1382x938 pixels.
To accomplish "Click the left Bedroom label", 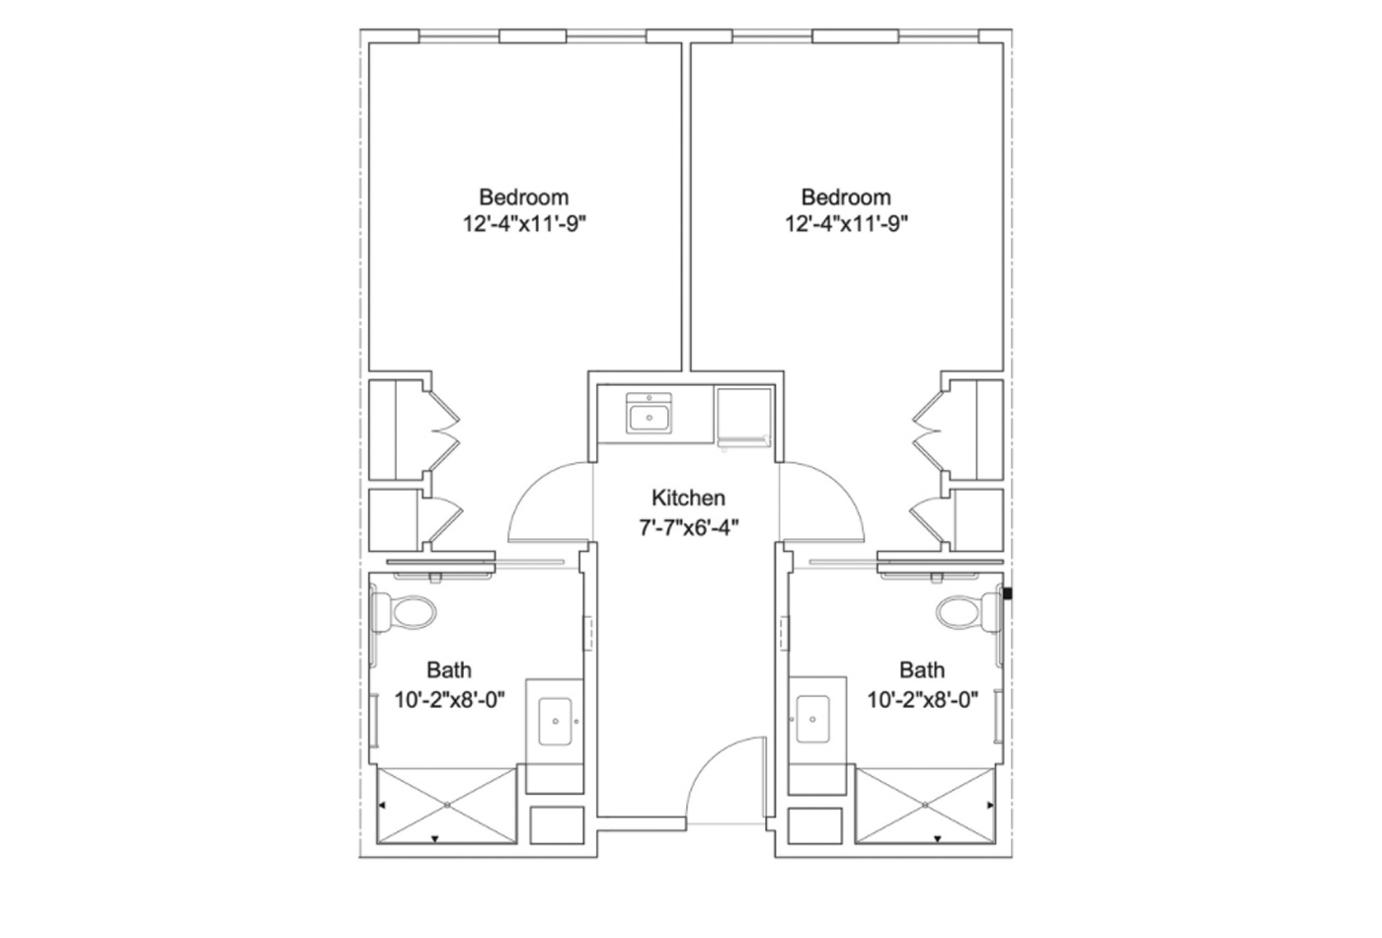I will [523, 196].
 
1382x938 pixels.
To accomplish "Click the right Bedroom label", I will [846, 196].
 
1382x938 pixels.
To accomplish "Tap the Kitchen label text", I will [688, 498].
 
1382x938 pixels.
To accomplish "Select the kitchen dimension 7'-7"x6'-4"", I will [688, 525].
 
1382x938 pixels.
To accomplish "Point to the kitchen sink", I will [650, 412].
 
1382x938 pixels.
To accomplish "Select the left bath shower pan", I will [447, 806].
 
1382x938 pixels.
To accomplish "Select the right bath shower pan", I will [924, 806].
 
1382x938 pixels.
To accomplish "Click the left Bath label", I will [449, 670].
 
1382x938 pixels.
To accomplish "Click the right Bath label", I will [921, 670].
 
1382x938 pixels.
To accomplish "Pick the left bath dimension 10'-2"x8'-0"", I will [449, 700].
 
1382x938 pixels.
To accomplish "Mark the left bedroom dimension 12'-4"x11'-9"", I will [524, 224].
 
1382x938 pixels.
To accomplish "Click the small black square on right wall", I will [1008, 594].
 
